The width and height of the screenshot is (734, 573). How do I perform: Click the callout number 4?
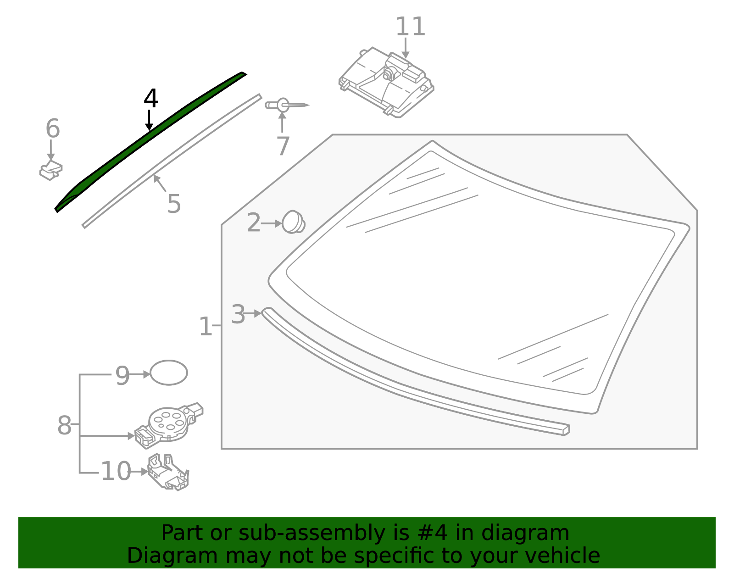(x=151, y=99)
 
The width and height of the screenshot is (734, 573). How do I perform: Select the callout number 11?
(x=410, y=27)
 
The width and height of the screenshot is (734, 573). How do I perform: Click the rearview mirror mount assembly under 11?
(x=386, y=83)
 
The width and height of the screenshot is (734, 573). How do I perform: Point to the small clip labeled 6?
(x=51, y=171)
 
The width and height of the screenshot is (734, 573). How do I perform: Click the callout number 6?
(x=52, y=129)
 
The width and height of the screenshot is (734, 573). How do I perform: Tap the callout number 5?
(x=174, y=204)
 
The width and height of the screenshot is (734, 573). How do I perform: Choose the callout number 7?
(x=283, y=146)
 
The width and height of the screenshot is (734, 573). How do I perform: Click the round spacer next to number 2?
(x=293, y=222)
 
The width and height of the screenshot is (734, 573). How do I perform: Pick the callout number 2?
(x=253, y=223)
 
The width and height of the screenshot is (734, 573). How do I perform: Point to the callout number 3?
(x=238, y=315)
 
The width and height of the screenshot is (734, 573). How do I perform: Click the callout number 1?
(x=205, y=327)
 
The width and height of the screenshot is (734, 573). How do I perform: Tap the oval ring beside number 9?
(x=169, y=373)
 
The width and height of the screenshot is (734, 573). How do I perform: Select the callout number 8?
(x=64, y=425)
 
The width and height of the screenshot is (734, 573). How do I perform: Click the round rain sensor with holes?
(x=168, y=423)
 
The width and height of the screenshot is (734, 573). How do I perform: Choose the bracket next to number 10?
(x=168, y=473)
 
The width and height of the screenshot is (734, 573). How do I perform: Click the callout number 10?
(x=116, y=472)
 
